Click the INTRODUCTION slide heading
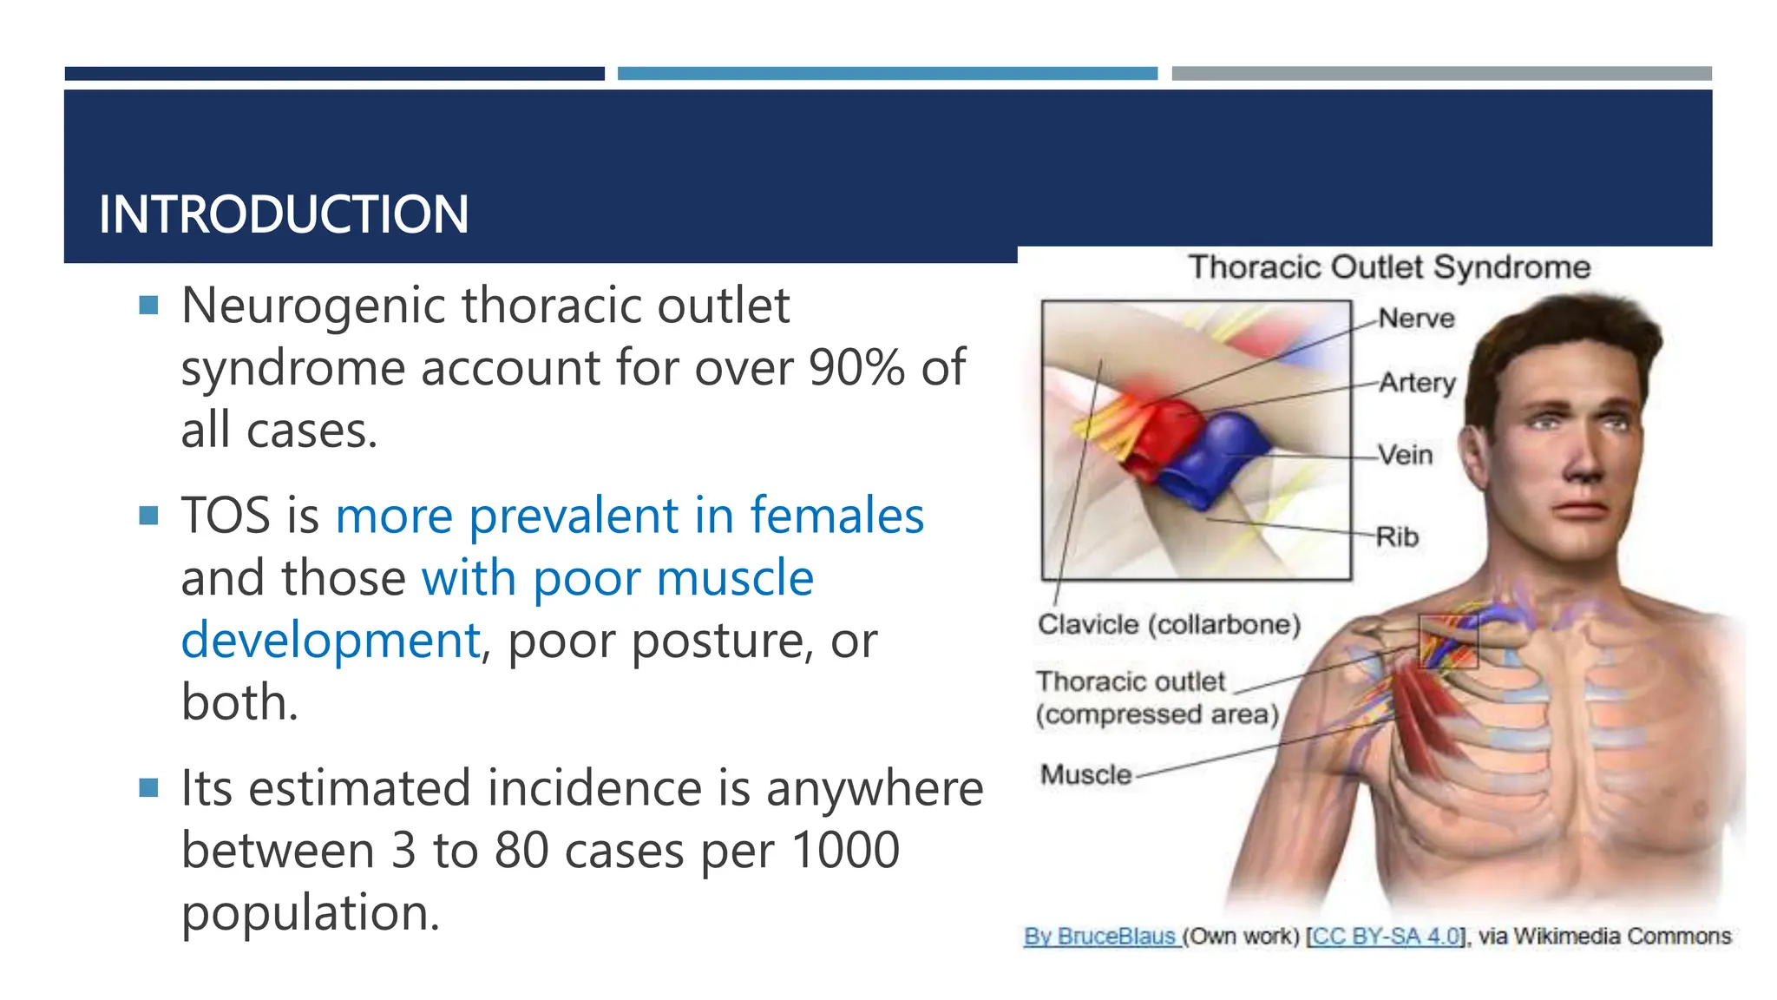(x=284, y=214)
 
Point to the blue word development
(x=331, y=641)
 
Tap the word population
(x=310, y=914)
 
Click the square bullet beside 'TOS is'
(x=148, y=516)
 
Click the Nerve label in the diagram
(x=1416, y=319)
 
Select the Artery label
(x=1417, y=383)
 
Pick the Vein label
(x=1405, y=455)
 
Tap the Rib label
(x=1397, y=537)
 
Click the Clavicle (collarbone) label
(x=1169, y=624)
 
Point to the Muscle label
(x=1085, y=774)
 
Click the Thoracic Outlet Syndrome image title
(x=1388, y=267)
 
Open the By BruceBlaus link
(x=1099, y=937)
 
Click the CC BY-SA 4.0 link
(x=1385, y=937)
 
